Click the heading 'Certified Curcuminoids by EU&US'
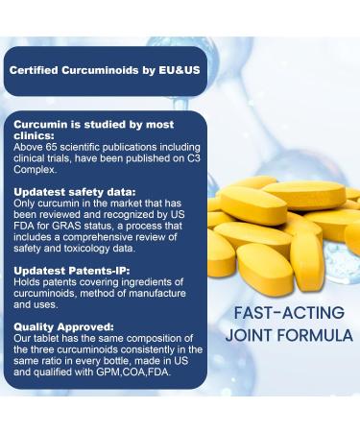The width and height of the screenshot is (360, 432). (103, 71)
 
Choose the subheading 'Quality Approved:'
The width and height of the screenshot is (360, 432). (56, 325)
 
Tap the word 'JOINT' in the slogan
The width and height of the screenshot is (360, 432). (248, 336)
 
